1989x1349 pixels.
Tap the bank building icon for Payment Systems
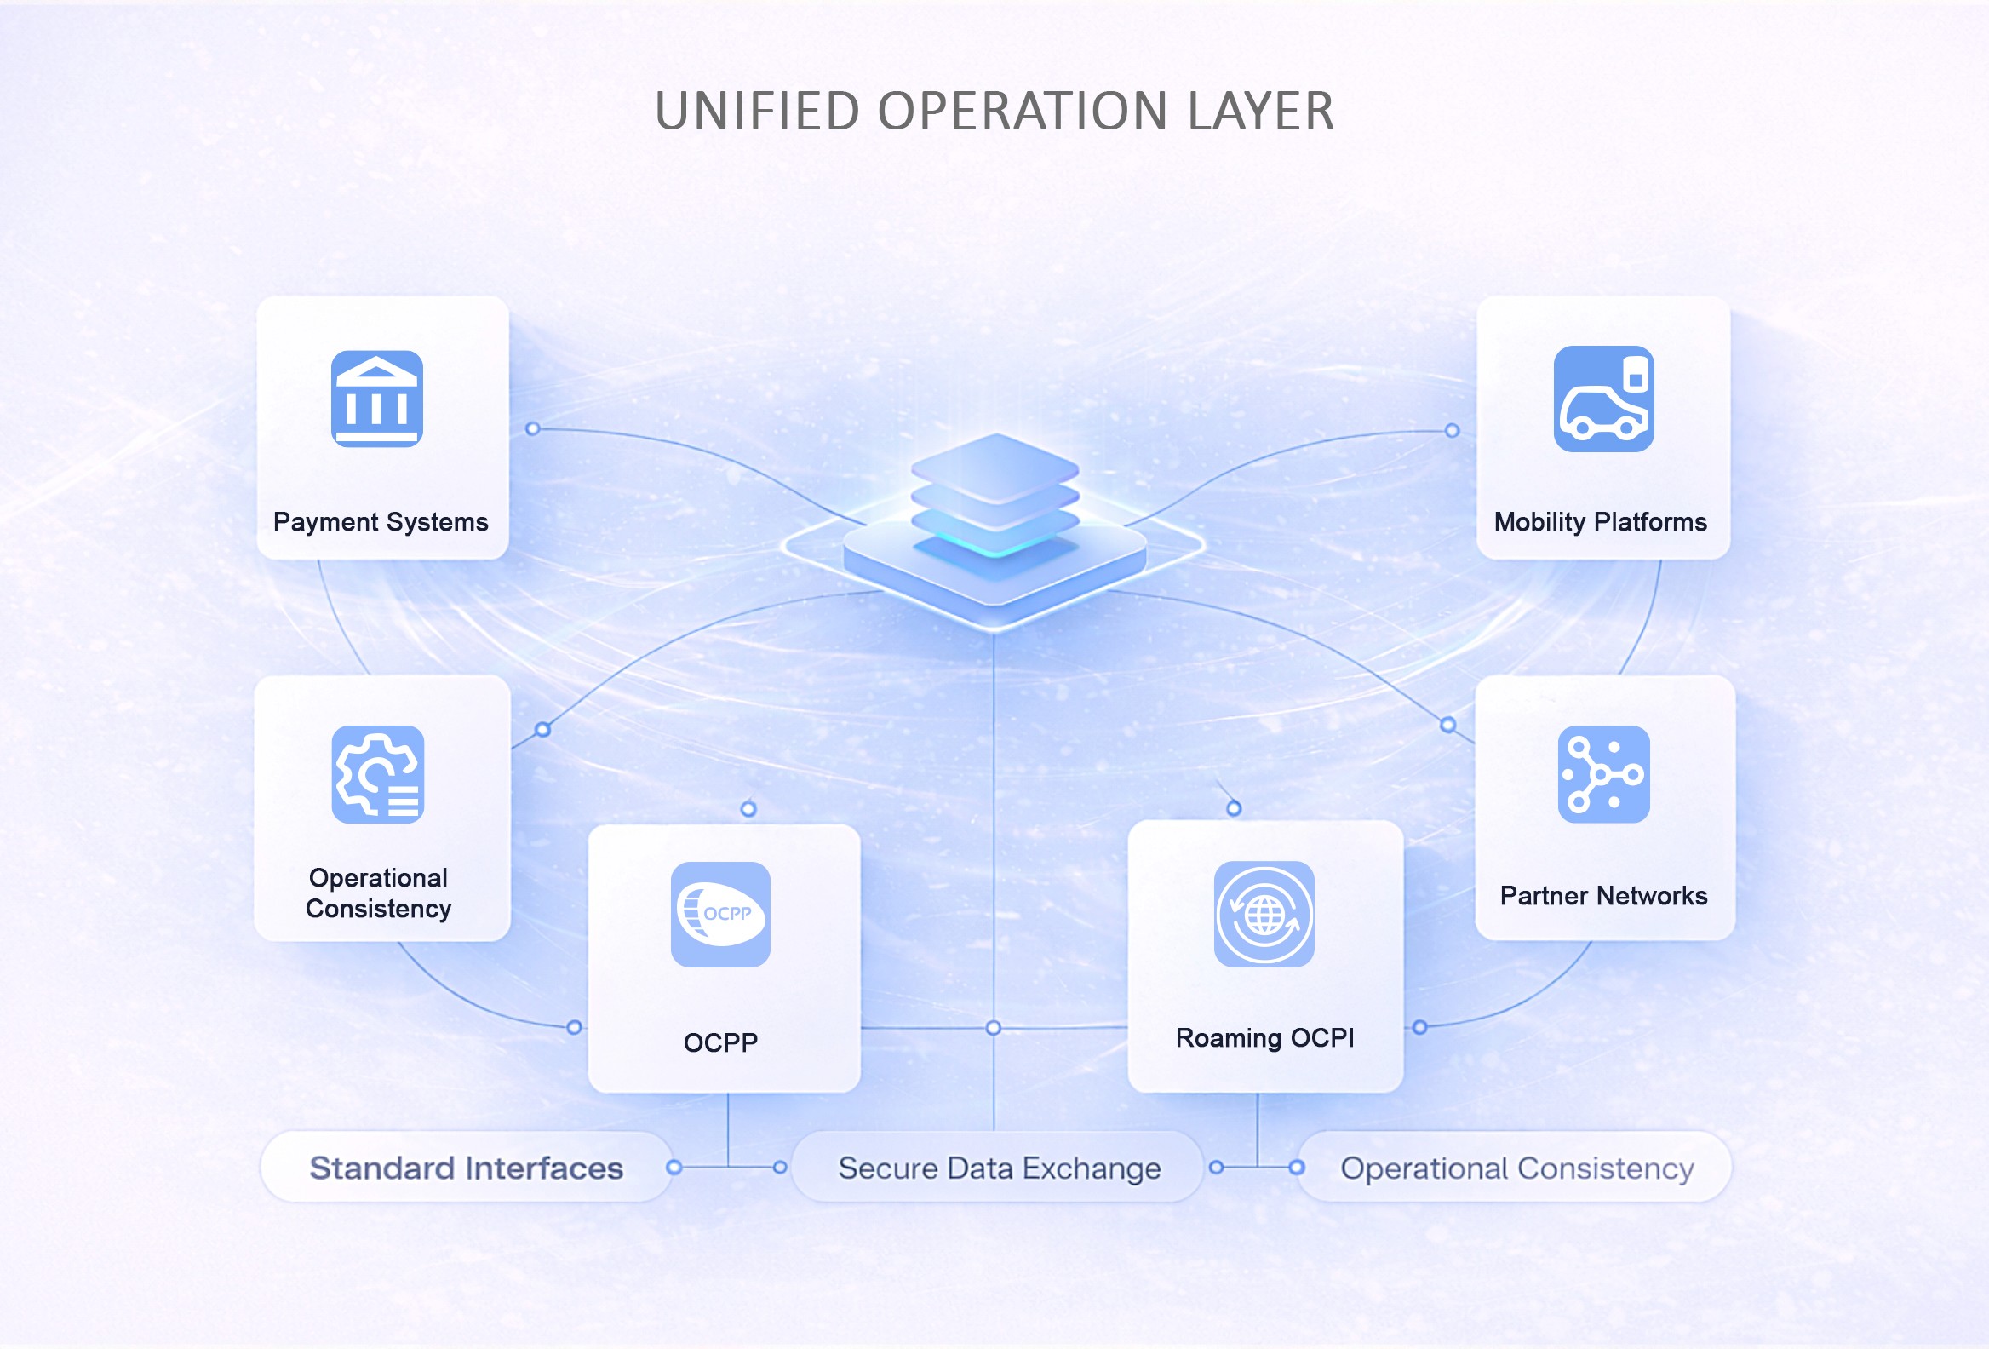click(376, 399)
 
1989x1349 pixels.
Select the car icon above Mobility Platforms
click(1603, 399)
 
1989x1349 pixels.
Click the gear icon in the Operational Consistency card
click(377, 775)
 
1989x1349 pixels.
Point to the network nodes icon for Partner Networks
click(1603, 775)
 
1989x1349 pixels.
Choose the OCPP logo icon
click(720, 914)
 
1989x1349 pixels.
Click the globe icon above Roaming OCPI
click(1264, 914)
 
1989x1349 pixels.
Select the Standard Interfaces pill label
click(467, 1168)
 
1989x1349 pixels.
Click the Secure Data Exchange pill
click(999, 1168)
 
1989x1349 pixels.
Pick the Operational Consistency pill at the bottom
click(1516, 1168)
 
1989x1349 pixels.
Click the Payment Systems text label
click(381, 522)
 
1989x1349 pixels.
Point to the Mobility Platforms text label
click(1601, 522)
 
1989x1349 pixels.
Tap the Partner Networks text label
click(1603, 895)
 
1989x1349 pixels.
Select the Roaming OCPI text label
click(1265, 1037)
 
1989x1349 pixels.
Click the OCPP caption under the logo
click(720, 1042)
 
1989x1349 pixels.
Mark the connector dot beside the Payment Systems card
click(532, 428)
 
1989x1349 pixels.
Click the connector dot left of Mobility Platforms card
click(1453, 431)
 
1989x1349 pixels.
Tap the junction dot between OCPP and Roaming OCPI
click(993, 1027)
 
